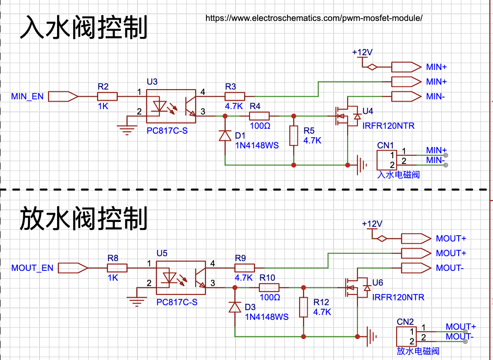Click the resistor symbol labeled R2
tap(107, 96)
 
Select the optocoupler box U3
tap(171, 106)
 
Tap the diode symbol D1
tap(225, 136)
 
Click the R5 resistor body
tap(294, 136)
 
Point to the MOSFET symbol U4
tap(346, 116)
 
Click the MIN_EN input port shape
tap(63, 96)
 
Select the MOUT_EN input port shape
tap(73, 268)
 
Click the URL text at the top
tap(314, 18)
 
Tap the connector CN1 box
tap(387, 160)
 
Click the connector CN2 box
tap(406, 336)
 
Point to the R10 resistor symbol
tap(269, 287)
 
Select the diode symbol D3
tap(234, 307)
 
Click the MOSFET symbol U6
tap(356, 287)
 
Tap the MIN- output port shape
tap(406, 96)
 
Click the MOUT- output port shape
tap(416, 268)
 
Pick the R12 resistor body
tap(304, 307)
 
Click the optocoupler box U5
tap(181, 278)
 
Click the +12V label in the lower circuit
tap(372, 224)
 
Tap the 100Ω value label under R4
tap(260, 126)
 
